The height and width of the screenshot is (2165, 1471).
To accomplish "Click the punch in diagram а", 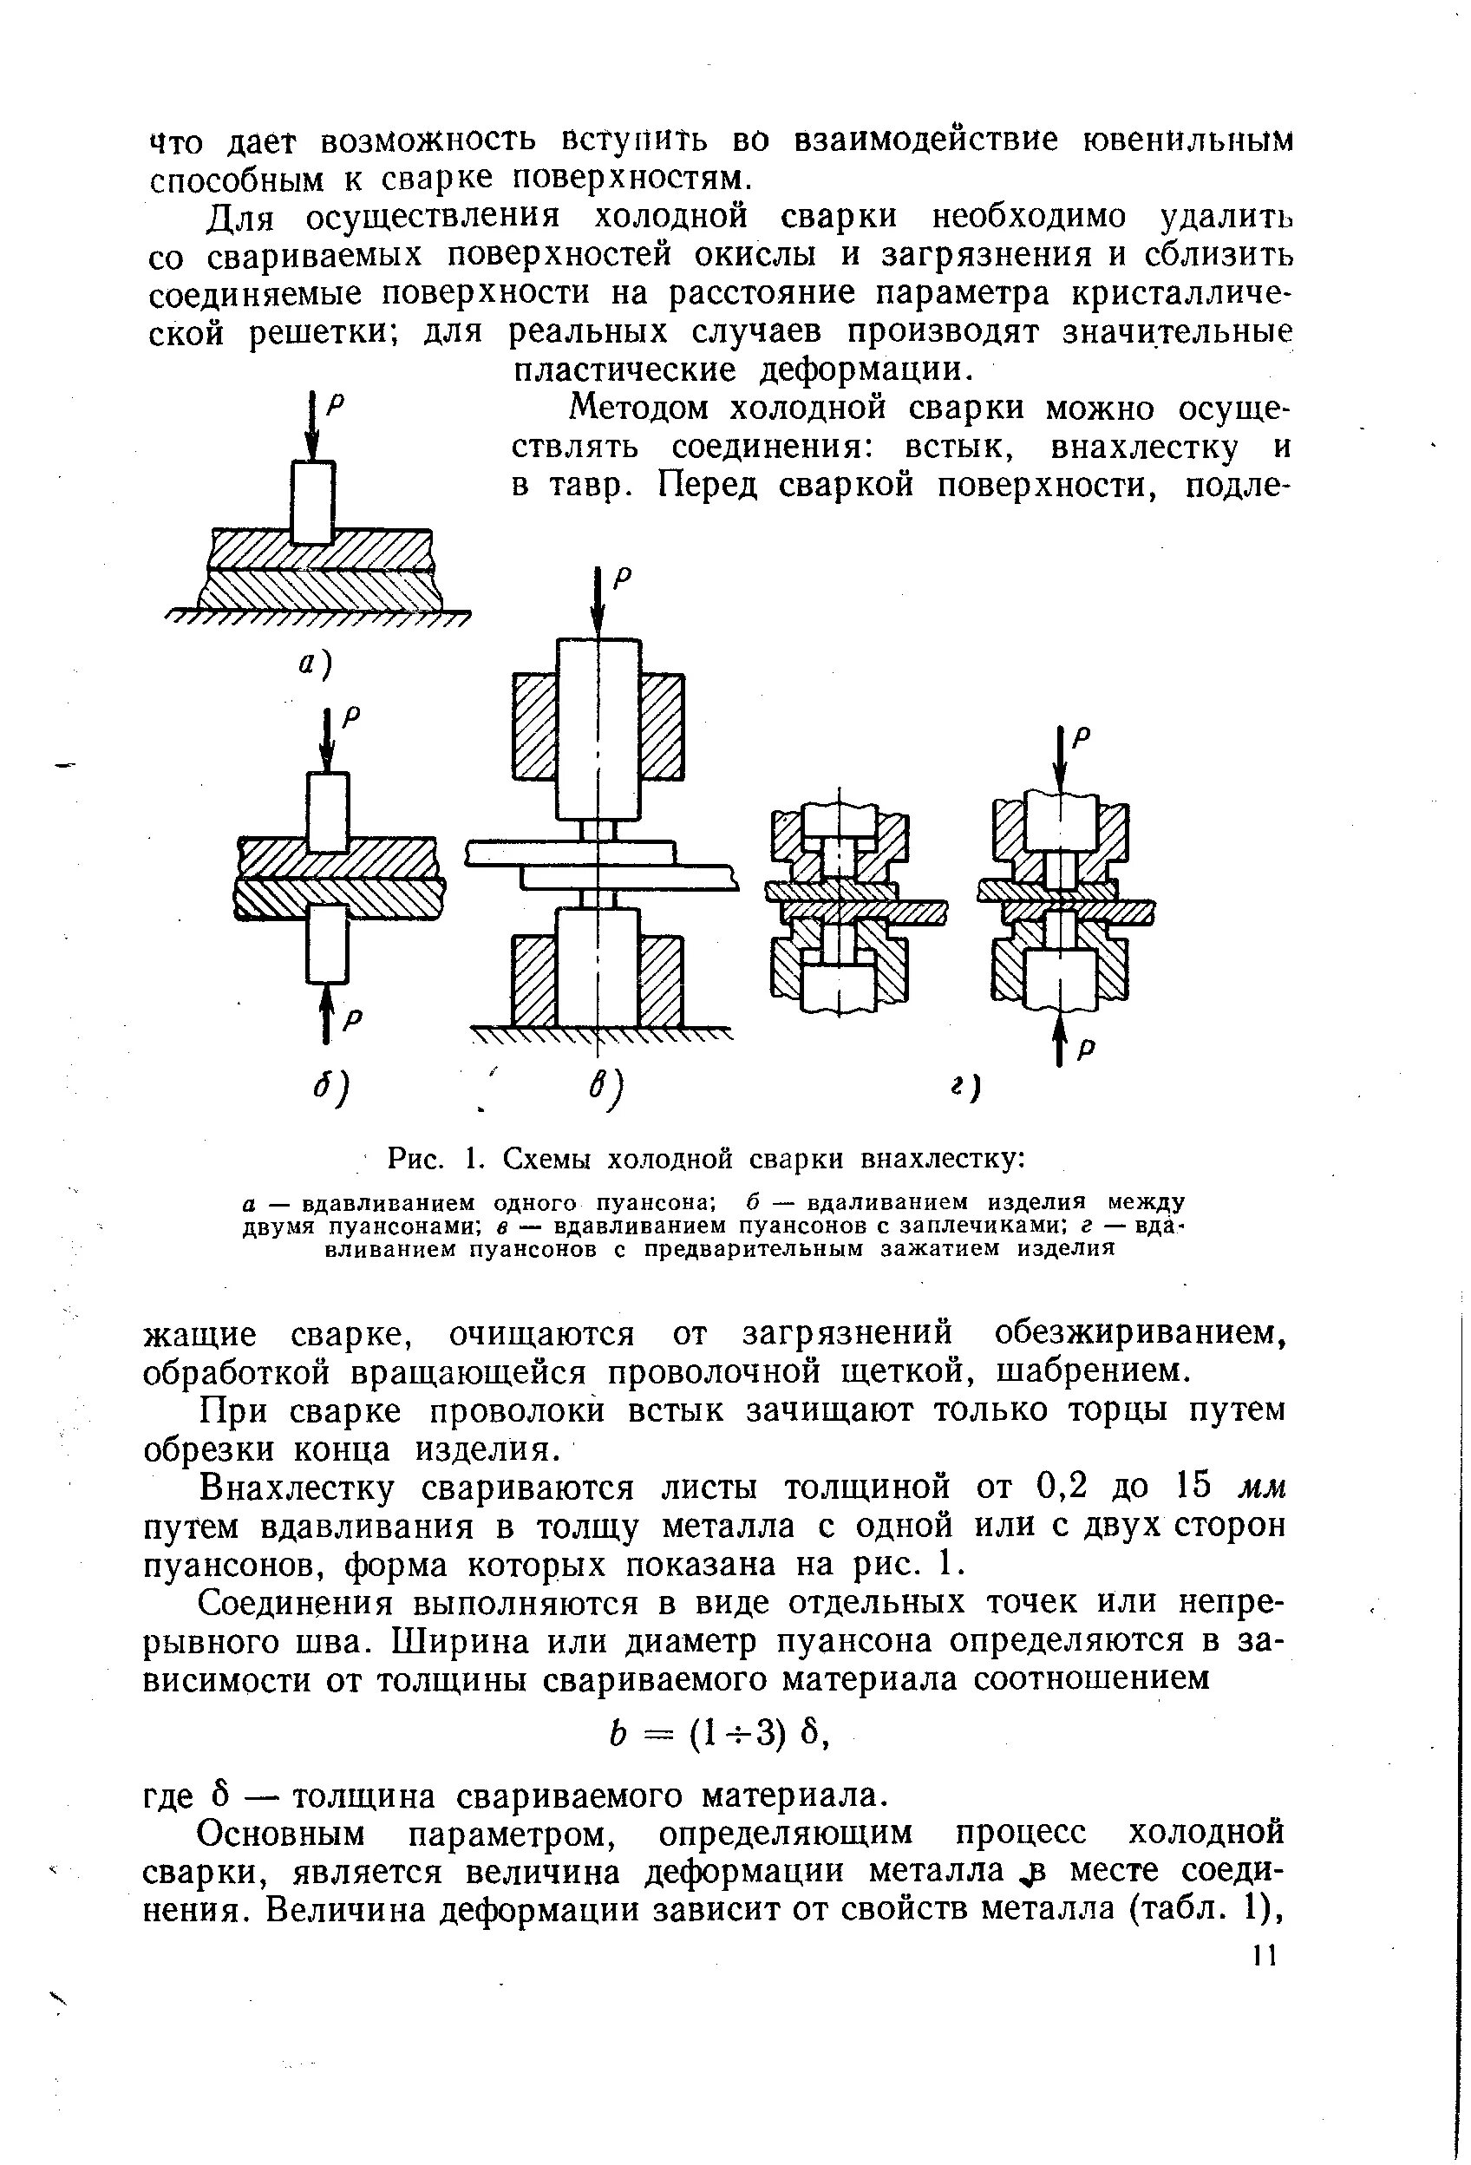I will pyautogui.click(x=313, y=502).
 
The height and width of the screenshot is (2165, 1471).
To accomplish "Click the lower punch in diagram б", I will pyautogui.click(x=327, y=945).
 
